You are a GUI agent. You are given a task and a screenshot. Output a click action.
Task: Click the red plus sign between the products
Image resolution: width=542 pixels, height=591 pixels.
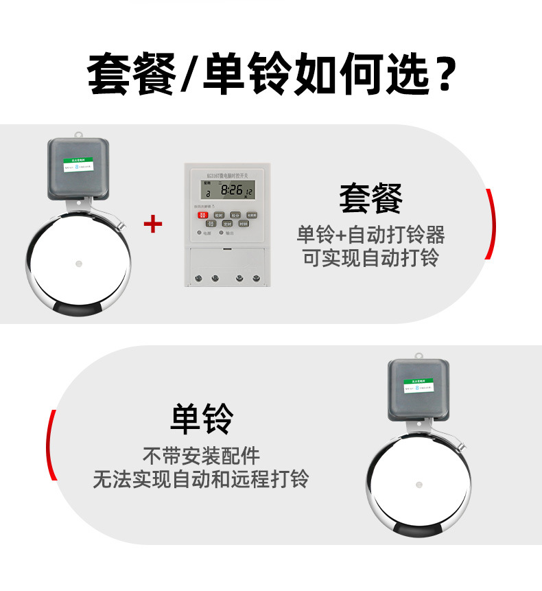coord(153,224)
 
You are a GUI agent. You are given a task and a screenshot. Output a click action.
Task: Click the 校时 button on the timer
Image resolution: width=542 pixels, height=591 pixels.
coord(219,215)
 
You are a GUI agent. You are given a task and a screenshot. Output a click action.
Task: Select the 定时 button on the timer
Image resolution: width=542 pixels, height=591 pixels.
coord(227,224)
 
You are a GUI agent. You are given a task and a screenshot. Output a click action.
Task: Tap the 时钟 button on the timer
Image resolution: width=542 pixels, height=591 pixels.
coord(244,224)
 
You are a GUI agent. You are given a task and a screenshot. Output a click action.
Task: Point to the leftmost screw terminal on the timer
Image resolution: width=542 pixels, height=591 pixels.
coord(198,278)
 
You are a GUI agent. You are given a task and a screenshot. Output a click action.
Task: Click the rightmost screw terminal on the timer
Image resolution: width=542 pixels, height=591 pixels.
coord(256,278)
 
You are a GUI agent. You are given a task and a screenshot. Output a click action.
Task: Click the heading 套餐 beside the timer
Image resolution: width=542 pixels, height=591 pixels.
coord(370,199)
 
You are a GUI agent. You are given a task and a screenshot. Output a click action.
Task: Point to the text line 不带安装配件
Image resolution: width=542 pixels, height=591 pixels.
coord(201,455)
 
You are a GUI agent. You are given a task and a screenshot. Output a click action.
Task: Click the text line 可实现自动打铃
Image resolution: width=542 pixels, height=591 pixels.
coord(370,258)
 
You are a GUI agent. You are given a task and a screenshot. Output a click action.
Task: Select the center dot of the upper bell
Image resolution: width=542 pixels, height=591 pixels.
coord(78,263)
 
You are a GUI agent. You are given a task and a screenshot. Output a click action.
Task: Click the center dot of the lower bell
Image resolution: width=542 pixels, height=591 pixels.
coord(419,485)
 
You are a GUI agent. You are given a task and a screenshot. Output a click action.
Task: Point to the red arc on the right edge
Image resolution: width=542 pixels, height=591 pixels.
coord(489,224)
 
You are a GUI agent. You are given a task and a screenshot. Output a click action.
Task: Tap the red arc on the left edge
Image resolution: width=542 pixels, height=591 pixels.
coord(51,445)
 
